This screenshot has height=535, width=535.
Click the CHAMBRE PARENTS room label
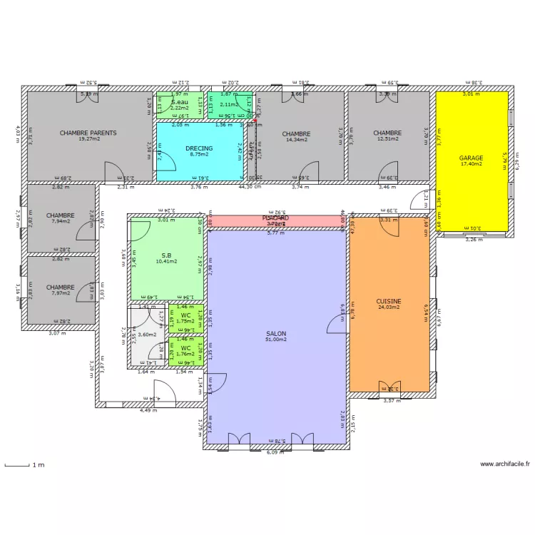(88, 133)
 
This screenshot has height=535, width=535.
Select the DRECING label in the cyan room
(199, 148)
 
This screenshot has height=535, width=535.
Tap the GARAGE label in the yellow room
(471, 158)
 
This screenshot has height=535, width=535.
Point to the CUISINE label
(389, 302)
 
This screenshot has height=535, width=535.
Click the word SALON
(277, 333)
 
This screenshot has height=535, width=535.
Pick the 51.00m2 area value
(277, 340)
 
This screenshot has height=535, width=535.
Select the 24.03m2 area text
(389, 308)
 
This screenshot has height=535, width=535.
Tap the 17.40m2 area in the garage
(471, 164)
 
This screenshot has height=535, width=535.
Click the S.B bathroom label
(165, 255)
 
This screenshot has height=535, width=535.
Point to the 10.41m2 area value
(165, 262)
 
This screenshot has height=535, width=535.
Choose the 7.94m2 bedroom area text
(61, 221)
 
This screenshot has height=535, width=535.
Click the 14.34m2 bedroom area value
(296, 140)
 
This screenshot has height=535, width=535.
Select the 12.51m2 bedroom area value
(387, 139)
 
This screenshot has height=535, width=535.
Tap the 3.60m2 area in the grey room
(146, 335)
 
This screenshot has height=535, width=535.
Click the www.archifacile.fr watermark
(505, 464)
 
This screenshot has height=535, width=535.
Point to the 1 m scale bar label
(37, 465)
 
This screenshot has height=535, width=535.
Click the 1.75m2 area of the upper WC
(185, 321)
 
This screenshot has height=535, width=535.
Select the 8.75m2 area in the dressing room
(199, 155)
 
